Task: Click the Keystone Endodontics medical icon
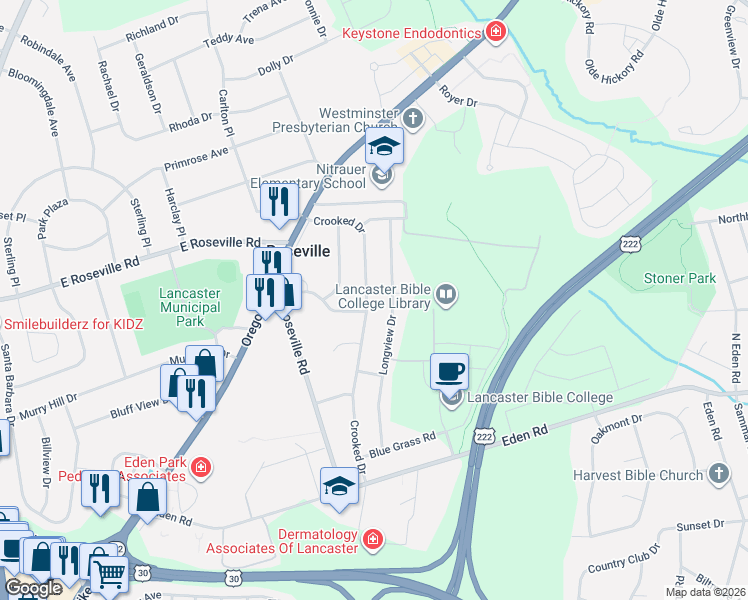(x=495, y=33)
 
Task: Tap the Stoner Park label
(x=679, y=278)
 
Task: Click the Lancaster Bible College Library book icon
(x=447, y=294)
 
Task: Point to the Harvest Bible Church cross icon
(x=718, y=473)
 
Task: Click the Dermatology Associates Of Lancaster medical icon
(x=372, y=540)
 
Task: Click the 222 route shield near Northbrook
(x=629, y=243)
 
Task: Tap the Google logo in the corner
(x=33, y=587)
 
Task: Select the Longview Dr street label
(x=387, y=346)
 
